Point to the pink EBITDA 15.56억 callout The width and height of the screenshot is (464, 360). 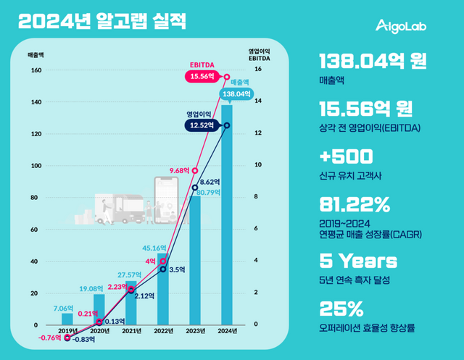[204, 75]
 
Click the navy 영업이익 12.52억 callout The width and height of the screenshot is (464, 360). [204, 125]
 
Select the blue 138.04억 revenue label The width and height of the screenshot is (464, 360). [237, 93]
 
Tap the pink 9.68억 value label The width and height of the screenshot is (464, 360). [183, 171]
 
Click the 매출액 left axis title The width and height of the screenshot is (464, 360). [36, 54]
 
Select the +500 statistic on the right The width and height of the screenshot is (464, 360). [347, 156]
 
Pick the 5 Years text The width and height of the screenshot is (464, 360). [358, 261]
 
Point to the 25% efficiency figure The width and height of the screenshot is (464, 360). [341, 310]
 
